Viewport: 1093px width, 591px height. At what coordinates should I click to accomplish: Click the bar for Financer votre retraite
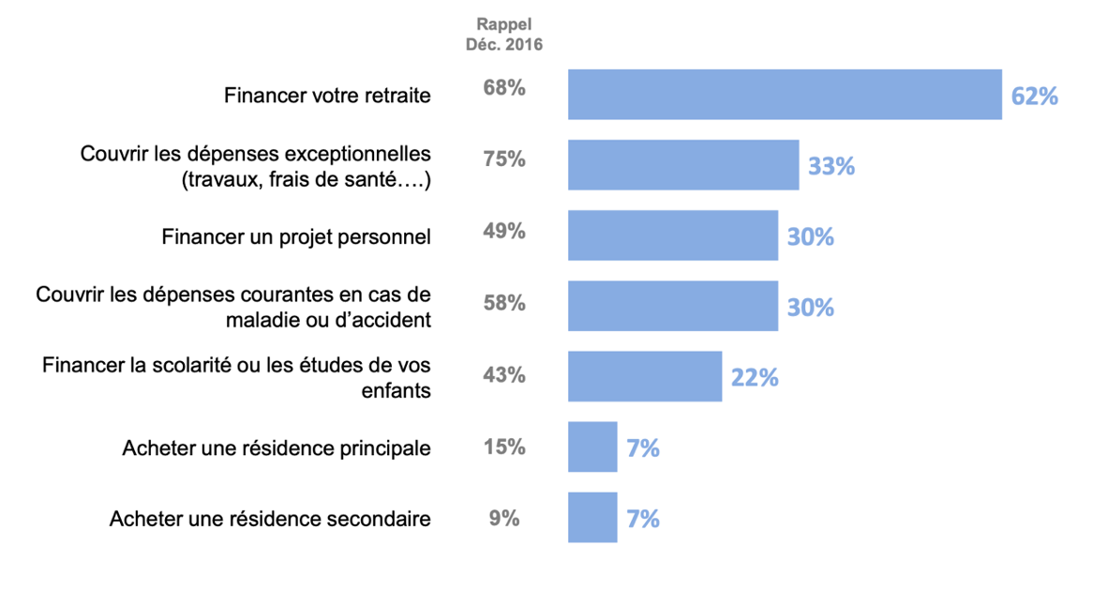[x=785, y=95]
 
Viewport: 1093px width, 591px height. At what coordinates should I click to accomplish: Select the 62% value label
[x=1034, y=96]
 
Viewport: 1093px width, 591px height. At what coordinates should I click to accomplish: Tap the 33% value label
[x=831, y=166]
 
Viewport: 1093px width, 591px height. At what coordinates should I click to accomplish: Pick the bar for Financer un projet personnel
[x=673, y=235]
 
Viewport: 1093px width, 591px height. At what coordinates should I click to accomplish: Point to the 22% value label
[x=755, y=377]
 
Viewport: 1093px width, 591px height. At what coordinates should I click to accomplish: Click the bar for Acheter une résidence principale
[x=592, y=447]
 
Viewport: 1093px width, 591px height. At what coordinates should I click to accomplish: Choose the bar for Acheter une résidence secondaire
[x=592, y=517]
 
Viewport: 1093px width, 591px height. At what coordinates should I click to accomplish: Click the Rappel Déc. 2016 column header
[x=504, y=34]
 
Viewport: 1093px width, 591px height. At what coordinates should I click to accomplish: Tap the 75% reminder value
[x=504, y=159]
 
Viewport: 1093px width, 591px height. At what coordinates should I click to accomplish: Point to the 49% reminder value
[x=504, y=230]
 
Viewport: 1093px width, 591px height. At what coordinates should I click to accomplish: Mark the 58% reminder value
[x=504, y=303]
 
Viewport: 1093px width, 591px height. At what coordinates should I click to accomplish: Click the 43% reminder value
[x=504, y=374]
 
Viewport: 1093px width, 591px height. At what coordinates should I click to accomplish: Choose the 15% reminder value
[x=504, y=447]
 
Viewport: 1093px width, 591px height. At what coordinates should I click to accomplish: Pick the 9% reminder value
[x=504, y=517]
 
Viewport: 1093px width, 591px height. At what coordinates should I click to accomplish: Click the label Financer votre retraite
[x=327, y=96]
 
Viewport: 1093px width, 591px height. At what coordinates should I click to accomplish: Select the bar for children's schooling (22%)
[x=645, y=376]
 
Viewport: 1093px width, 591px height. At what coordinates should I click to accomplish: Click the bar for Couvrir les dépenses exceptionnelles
[x=683, y=165]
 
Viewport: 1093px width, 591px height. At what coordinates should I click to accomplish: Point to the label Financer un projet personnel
[x=296, y=236]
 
